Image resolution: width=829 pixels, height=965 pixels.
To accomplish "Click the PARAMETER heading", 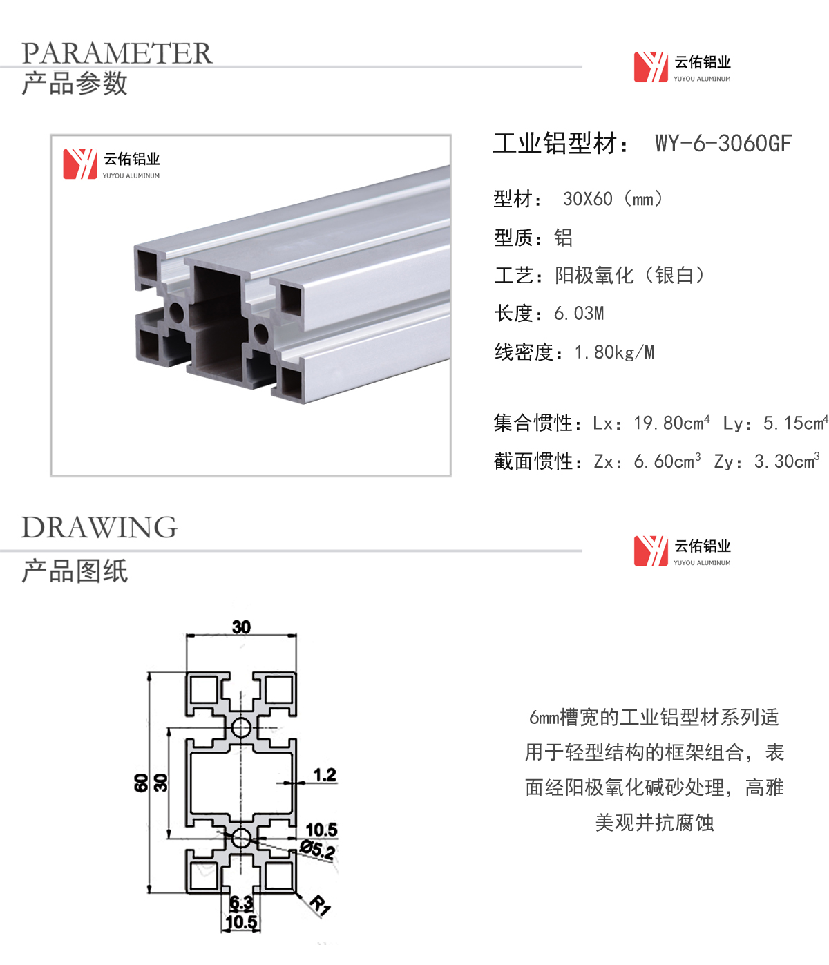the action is pyautogui.click(x=117, y=52).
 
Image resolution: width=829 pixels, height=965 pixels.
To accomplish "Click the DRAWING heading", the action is pyautogui.click(x=99, y=527).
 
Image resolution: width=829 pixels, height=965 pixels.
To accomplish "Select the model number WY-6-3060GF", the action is pyautogui.click(x=723, y=143).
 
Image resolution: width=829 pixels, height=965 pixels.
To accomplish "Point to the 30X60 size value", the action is pyautogui.click(x=587, y=199).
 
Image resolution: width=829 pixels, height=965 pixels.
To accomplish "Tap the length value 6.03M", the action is pyautogui.click(x=579, y=314).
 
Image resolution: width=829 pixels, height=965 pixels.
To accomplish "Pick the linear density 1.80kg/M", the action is pyautogui.click(x=614, y=352).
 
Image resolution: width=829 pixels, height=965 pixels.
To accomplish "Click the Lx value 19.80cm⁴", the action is pyautogui.click(x=671, y=423).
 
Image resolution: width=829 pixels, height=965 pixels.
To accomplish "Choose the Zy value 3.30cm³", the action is pyautogui.click(x=786, y=461).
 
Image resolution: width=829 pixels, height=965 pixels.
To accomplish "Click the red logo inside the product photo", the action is pyautogui.click(x=80, y=164).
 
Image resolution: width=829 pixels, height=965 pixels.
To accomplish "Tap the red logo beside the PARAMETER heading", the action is pyautogui.click(x=651, y=67).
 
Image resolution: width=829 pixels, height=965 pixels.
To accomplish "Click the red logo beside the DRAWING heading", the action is pyautogui.click(x=651, y=551).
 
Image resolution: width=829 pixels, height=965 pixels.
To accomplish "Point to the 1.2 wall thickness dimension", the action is pyautogui.click(x=325, y=775).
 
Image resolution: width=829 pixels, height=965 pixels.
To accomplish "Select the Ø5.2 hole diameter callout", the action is pyautogui.click(x=318, y=850).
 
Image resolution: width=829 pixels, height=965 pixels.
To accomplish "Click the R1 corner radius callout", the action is pyautogui.click(x=321, y=905).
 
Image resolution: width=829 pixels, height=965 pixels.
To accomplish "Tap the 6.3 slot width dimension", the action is pyautogui.click(x=242, y=904).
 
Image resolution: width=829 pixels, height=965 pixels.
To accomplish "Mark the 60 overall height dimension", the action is pyautogui.click(x=140, y=783).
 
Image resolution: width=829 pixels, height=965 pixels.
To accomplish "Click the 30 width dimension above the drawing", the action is pyautogui.click(x=242, y=627).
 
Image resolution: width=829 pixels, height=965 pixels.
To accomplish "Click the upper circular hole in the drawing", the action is pyautogui.click(x=241, y=727).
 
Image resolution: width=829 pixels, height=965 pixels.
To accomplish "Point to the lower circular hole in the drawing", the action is pyautogui.click(x=241, y=838).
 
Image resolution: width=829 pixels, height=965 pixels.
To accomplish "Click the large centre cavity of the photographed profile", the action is pyautogui.click(x=217, y=322).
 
